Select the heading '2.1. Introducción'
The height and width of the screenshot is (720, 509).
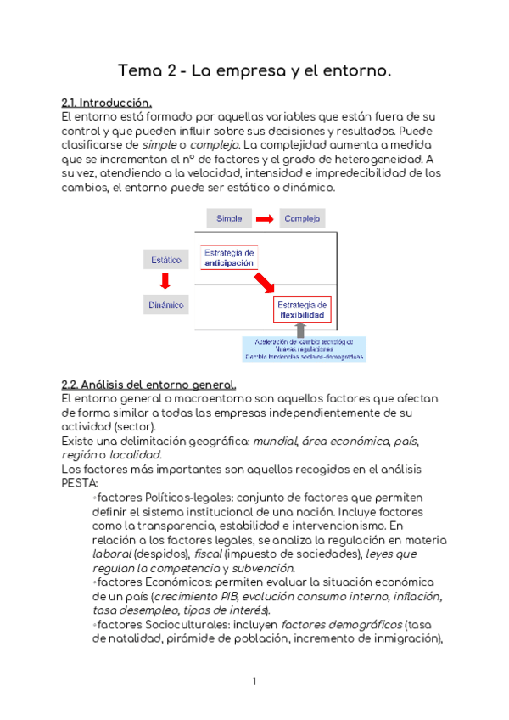click(107, 104)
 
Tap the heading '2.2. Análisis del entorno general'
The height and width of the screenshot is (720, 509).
click(143, 384)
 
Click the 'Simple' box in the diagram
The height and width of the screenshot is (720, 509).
click(229, 218)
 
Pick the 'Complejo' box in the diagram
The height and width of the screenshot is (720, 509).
click(302, 218)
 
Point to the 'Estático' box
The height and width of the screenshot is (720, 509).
click(165, 260)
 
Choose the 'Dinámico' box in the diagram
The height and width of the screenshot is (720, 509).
click(165, 304)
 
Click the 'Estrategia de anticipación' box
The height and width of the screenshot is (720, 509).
click(229, 257)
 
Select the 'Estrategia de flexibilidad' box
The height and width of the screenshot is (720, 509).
click(303, 310)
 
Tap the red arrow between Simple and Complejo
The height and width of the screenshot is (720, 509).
click(266, 219)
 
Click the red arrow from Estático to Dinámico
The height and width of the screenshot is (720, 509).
click(165, 282)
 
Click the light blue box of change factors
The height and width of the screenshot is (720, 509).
click(305, 349)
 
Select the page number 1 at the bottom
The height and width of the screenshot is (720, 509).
click(254, 682)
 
